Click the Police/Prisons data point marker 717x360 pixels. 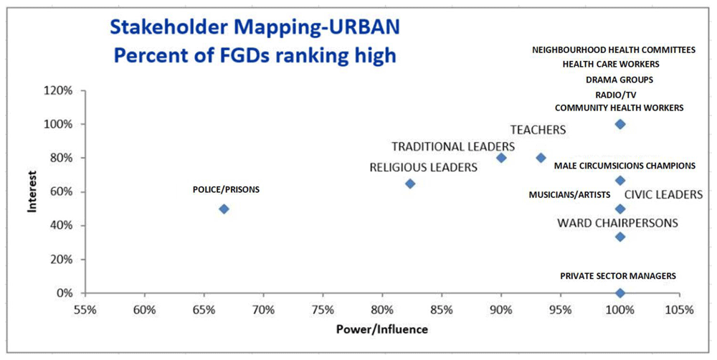[224, 209]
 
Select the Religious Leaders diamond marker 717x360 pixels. [410, 184]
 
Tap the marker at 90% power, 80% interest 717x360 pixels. [501, 158]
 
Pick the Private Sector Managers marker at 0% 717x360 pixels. [620, 293]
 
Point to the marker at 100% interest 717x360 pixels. [620, 124]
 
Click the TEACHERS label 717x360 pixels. [538, 130]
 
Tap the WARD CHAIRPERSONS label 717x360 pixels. [617, 223]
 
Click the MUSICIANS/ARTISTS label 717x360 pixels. [569, 194]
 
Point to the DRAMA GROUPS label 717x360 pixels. [619, 80]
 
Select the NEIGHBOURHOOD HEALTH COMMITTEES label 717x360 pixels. [614, 50]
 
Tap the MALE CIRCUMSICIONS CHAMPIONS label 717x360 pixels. [625, 166]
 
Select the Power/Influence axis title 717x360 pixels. [381, 329]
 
